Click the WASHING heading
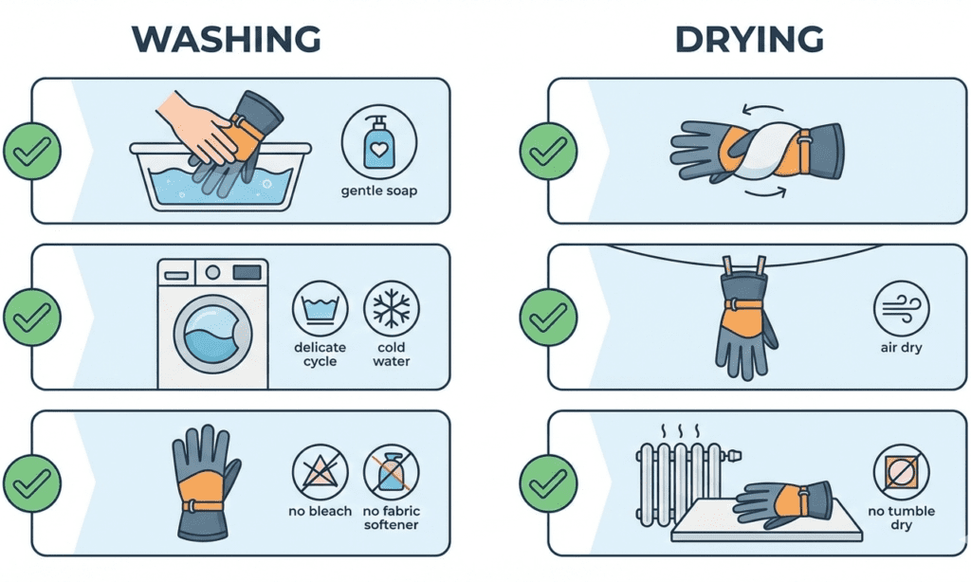point(226,39)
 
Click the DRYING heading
point(749,39)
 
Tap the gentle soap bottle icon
point(379,143)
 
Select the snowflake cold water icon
point(391,309)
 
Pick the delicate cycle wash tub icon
point(320,309)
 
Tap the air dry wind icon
point(900,309)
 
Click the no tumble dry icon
point(900,472)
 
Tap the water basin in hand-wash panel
point(220,180)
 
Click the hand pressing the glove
point(197,129)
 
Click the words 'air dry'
point(900,348)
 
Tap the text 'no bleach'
point(320,512)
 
